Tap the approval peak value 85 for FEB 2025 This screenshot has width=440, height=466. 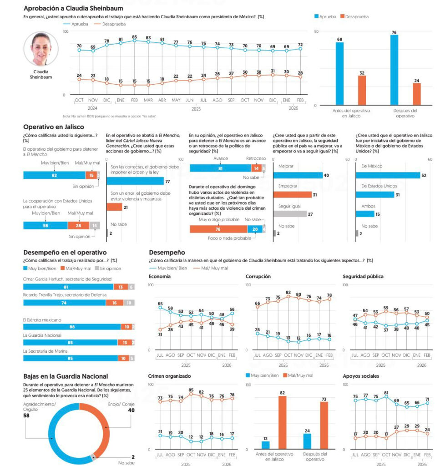(x=135, y=37)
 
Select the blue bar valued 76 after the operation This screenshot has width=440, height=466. (x=394, y=71)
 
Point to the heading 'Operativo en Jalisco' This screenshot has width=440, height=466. (x=53, y=127)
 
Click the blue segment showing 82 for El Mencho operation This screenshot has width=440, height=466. (x=54, y=175)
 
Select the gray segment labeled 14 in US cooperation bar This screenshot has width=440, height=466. (x=95, y=225)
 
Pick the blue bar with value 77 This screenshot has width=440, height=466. (x=135, y=181)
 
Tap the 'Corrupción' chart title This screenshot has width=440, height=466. (x=258, y=276)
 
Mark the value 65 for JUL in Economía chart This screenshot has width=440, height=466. (x=160, y=304)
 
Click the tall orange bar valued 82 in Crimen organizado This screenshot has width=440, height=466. (x=282, y=422)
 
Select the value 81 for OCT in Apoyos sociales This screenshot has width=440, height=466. (x=386, y=393)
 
